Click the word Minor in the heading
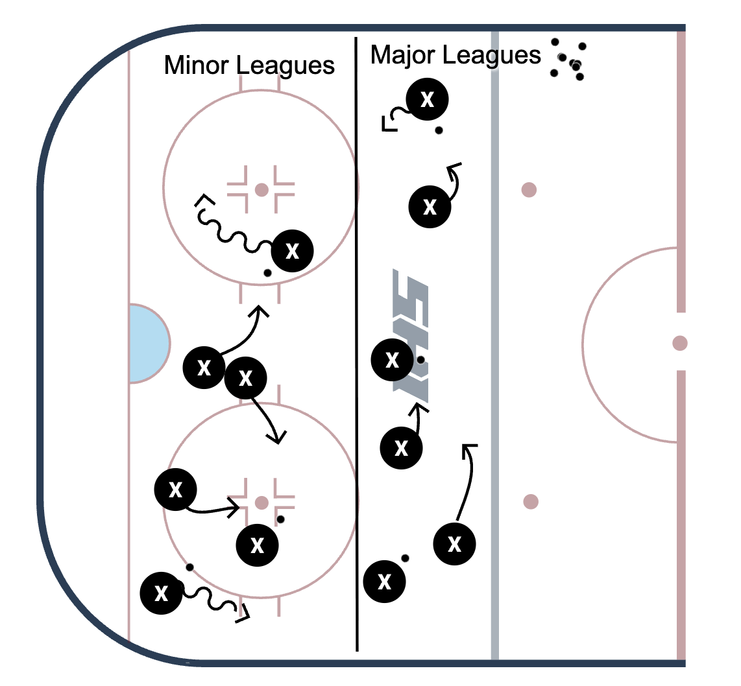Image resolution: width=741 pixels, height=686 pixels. (197, 65)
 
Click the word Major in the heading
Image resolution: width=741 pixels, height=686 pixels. (403, 55)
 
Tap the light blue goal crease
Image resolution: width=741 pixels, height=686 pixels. (148, 343)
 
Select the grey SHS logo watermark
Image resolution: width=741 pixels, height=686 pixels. (410, 337)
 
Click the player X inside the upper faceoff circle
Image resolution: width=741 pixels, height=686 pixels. (292, 251)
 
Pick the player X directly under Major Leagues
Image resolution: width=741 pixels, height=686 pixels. (427, 99)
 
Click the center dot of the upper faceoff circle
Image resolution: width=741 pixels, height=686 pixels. (261, 190)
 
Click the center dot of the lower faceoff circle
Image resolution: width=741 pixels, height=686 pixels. (261, 503)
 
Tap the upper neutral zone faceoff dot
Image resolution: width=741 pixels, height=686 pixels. (529, 190)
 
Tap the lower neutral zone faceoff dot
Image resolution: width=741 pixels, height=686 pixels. (531, 501)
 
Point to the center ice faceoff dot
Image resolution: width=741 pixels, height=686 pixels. (679, 343)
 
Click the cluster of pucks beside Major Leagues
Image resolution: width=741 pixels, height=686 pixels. (568, 60)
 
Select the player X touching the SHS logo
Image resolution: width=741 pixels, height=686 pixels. (393, 360)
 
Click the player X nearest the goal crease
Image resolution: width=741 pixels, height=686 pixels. (204, 367)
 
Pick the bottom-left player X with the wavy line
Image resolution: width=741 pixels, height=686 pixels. (161, 593)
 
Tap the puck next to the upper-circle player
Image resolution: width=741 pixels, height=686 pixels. (267, 273)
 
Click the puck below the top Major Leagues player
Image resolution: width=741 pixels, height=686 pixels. (439, 130)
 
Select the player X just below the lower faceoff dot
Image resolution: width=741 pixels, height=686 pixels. (257, 545)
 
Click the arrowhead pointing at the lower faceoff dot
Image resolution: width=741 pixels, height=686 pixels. (234, 508)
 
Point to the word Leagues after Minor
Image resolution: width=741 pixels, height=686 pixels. (285, 65)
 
